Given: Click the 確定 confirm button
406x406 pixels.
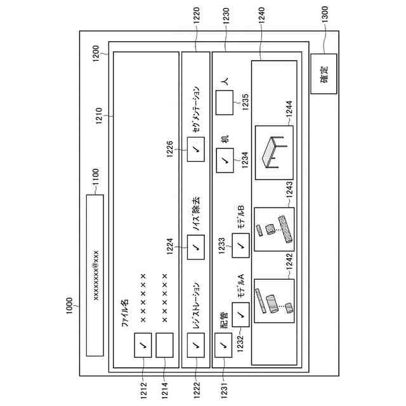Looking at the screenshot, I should [x=324, y=73].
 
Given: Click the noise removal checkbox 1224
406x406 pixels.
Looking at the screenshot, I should [x=195, y=244].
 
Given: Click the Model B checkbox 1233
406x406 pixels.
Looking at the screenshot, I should [x=241, y=245].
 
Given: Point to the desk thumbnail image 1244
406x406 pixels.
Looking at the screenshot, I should [x=275, y=150].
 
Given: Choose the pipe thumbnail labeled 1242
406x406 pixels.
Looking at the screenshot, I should [x=275, y=301].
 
